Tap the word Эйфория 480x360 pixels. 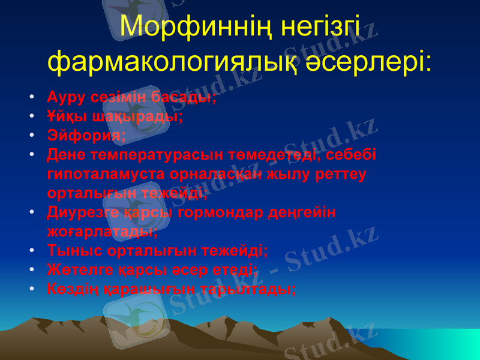(x=86, y=136)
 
